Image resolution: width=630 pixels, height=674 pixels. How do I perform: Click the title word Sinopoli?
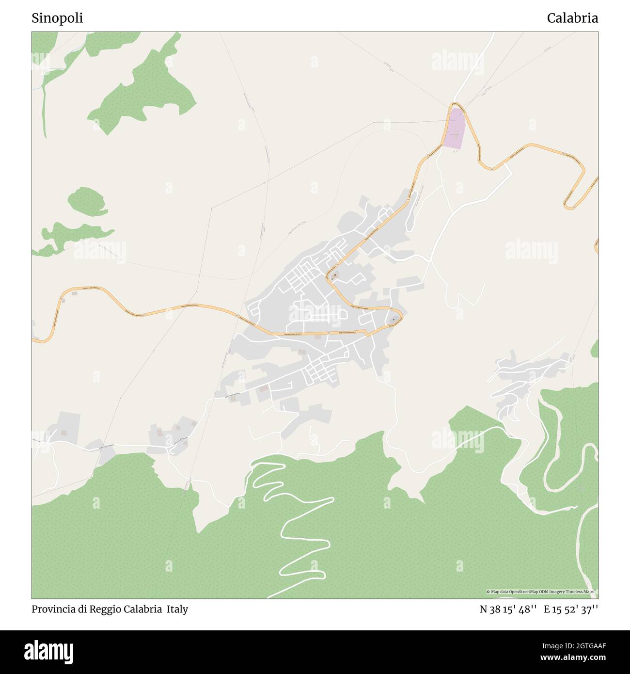click(x=57, y=18)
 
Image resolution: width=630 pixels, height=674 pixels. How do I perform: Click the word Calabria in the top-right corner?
click(x=572, y=18)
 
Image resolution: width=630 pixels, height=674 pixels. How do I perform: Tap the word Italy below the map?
click(x=177, y=609)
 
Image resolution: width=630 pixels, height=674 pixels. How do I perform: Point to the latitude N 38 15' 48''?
click(x=507, y=609)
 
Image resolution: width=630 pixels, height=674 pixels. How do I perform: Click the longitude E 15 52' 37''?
click(x=571, y=609)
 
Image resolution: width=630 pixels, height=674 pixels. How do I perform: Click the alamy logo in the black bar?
click(x=49, y=652)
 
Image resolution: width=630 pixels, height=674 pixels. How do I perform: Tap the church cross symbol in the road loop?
click(x=394, y=320)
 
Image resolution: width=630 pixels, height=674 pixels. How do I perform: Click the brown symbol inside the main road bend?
click(x=334, y=275)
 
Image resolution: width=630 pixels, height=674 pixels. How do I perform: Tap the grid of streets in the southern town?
click(x=317, y=371)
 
